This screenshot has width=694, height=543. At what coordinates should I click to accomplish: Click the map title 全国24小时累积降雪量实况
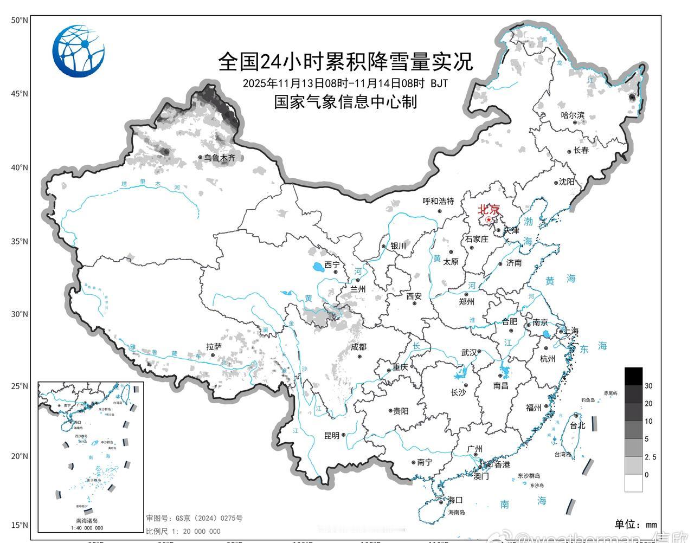click(x=345, y=61)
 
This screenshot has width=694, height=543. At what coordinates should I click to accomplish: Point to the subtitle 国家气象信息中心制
click(x=345, y=101)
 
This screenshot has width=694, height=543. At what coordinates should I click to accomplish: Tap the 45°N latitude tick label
click(x=20, y=94)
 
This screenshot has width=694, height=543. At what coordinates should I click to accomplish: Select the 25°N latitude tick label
click(x=20, y=386)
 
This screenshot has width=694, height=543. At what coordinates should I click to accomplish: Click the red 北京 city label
click(x=488, y=210)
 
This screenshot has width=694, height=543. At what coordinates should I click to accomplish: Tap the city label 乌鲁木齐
click(x=220, y=158)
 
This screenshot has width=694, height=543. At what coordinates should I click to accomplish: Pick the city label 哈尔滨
click(x=573, y=115)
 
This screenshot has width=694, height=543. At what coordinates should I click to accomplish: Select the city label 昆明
click(x=331, y=435)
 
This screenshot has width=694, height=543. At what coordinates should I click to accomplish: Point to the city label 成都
click(x=358, y=347)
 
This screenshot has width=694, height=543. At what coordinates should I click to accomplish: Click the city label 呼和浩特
click(x=438, y=201)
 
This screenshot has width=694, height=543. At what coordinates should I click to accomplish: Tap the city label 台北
click(x=577, y=425)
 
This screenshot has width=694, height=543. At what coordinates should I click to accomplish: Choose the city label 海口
click(x=454, y=500)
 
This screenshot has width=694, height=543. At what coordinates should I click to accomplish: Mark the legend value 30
click(x=648, y=386)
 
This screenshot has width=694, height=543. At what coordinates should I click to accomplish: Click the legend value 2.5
click(x=650, y=457)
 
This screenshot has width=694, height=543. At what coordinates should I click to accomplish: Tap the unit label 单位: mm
click(x=635, y=524)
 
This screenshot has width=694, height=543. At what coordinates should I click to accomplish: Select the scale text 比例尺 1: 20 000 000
click(x=183, y=532)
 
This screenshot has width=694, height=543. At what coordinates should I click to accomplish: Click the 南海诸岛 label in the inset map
click(x=87, y=521)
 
